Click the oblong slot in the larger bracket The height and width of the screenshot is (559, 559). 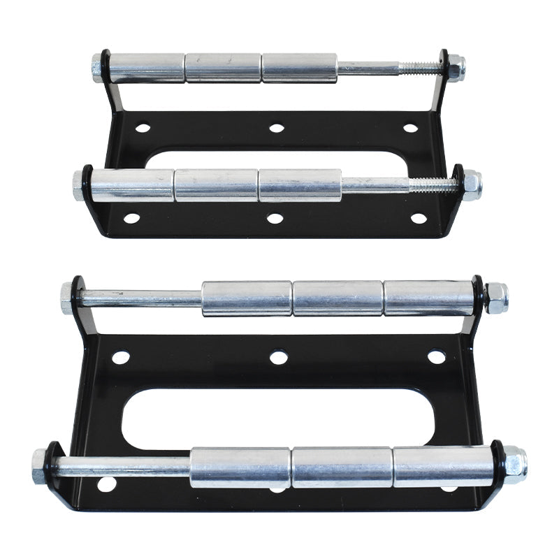pyautogui.click(x=278, y=419)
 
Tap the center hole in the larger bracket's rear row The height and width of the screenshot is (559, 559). pyautogui.click(x=279, y=358)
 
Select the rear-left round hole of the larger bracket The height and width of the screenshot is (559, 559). pyautogui.click(x=121, y=358)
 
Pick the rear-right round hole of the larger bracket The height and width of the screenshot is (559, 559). pyautogui.click(x=437, y=357)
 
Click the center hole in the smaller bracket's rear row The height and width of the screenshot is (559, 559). pyautogui.click(x=277, y=128)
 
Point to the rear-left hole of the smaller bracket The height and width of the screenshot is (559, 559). pyautogui.click(x=143, y=128)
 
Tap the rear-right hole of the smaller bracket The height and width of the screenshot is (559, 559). pyautogui.click(x=410, y=128)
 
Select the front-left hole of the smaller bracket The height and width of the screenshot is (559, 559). pyautogui.click(x=131, y=219)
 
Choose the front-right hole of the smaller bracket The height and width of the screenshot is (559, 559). pyautogui.click(x=419, y=219)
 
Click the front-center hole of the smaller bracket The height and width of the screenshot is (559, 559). pyautogui.click(x=275, y=219)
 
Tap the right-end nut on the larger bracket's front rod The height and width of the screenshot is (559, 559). pyautogui.click(x=514, y=464)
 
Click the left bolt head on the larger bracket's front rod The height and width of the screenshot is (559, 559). pyautogui.click(x=40, y=466)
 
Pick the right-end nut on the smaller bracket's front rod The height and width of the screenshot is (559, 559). pyautogui.click(x=472, y=185)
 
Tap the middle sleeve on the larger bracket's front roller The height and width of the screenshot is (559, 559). pyautogui.click(x=341, y=467)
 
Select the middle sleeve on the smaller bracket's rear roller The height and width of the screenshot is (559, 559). pyautogui.click(x=224, y=68)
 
